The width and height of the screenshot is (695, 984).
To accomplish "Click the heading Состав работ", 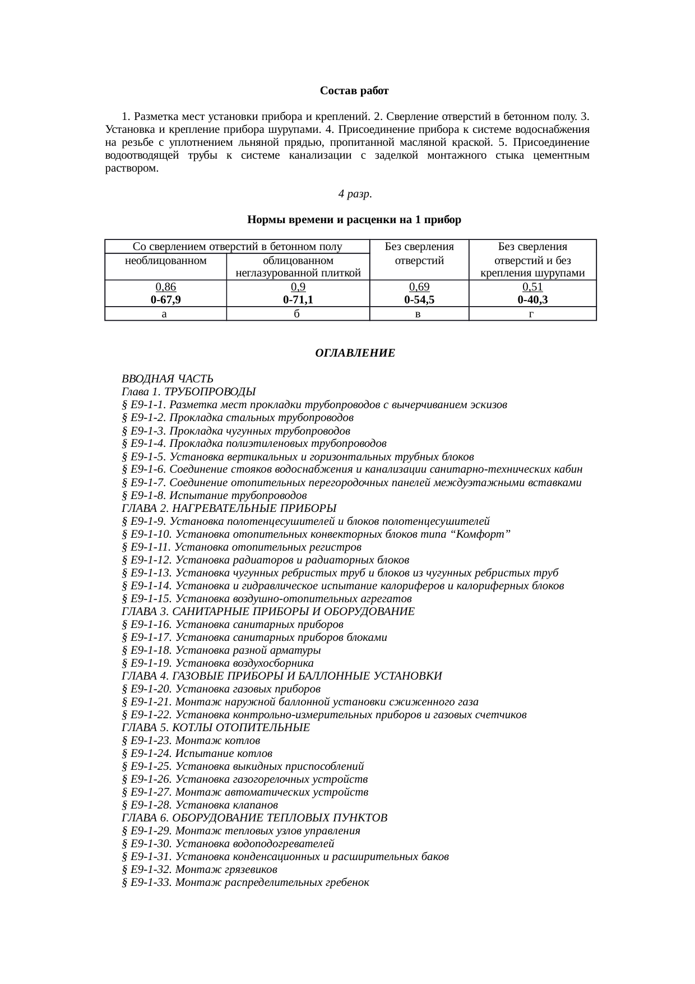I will point(354,91).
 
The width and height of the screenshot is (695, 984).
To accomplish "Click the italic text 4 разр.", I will point(355,194).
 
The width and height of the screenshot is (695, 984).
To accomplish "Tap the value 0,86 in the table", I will point(165,287).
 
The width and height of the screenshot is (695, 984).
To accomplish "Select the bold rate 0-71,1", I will point(298,300).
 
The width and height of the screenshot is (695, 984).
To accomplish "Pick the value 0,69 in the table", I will point(419,287).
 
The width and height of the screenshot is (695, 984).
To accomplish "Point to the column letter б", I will point(298,314).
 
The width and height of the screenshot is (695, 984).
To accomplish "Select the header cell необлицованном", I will point(165,261).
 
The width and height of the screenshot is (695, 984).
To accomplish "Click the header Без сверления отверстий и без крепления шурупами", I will point(532,260).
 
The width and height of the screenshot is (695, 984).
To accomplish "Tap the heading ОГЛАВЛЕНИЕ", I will point(355,353).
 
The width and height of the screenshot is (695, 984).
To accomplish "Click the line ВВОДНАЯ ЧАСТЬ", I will point(167,379).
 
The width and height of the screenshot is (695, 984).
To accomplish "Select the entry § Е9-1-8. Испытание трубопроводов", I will point(214,496).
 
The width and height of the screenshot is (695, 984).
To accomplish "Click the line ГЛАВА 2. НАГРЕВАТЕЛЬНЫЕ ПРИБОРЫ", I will point(229,509).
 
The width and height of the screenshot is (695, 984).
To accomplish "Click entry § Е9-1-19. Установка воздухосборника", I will point(217,663).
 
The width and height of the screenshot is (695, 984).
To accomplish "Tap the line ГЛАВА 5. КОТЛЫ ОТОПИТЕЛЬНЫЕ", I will point(215,728).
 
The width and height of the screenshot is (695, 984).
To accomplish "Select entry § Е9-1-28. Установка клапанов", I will point(200,805).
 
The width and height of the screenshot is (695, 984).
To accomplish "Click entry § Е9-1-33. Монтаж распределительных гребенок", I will point(245,883).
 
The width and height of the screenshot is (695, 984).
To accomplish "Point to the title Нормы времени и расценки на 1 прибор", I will point(354,220).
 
